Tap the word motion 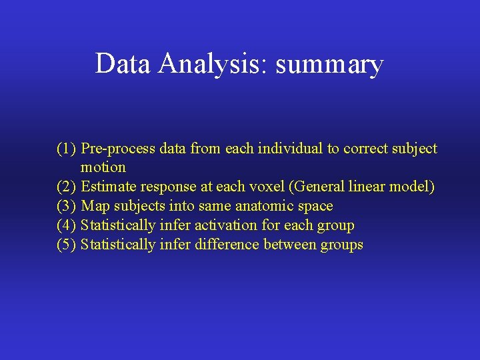tap(103, 167)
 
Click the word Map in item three tap(94, 206)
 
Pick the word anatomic tap(265, 206)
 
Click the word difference tap(227, 245)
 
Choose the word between tap(290, 245)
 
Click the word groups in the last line tap(342, 245)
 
